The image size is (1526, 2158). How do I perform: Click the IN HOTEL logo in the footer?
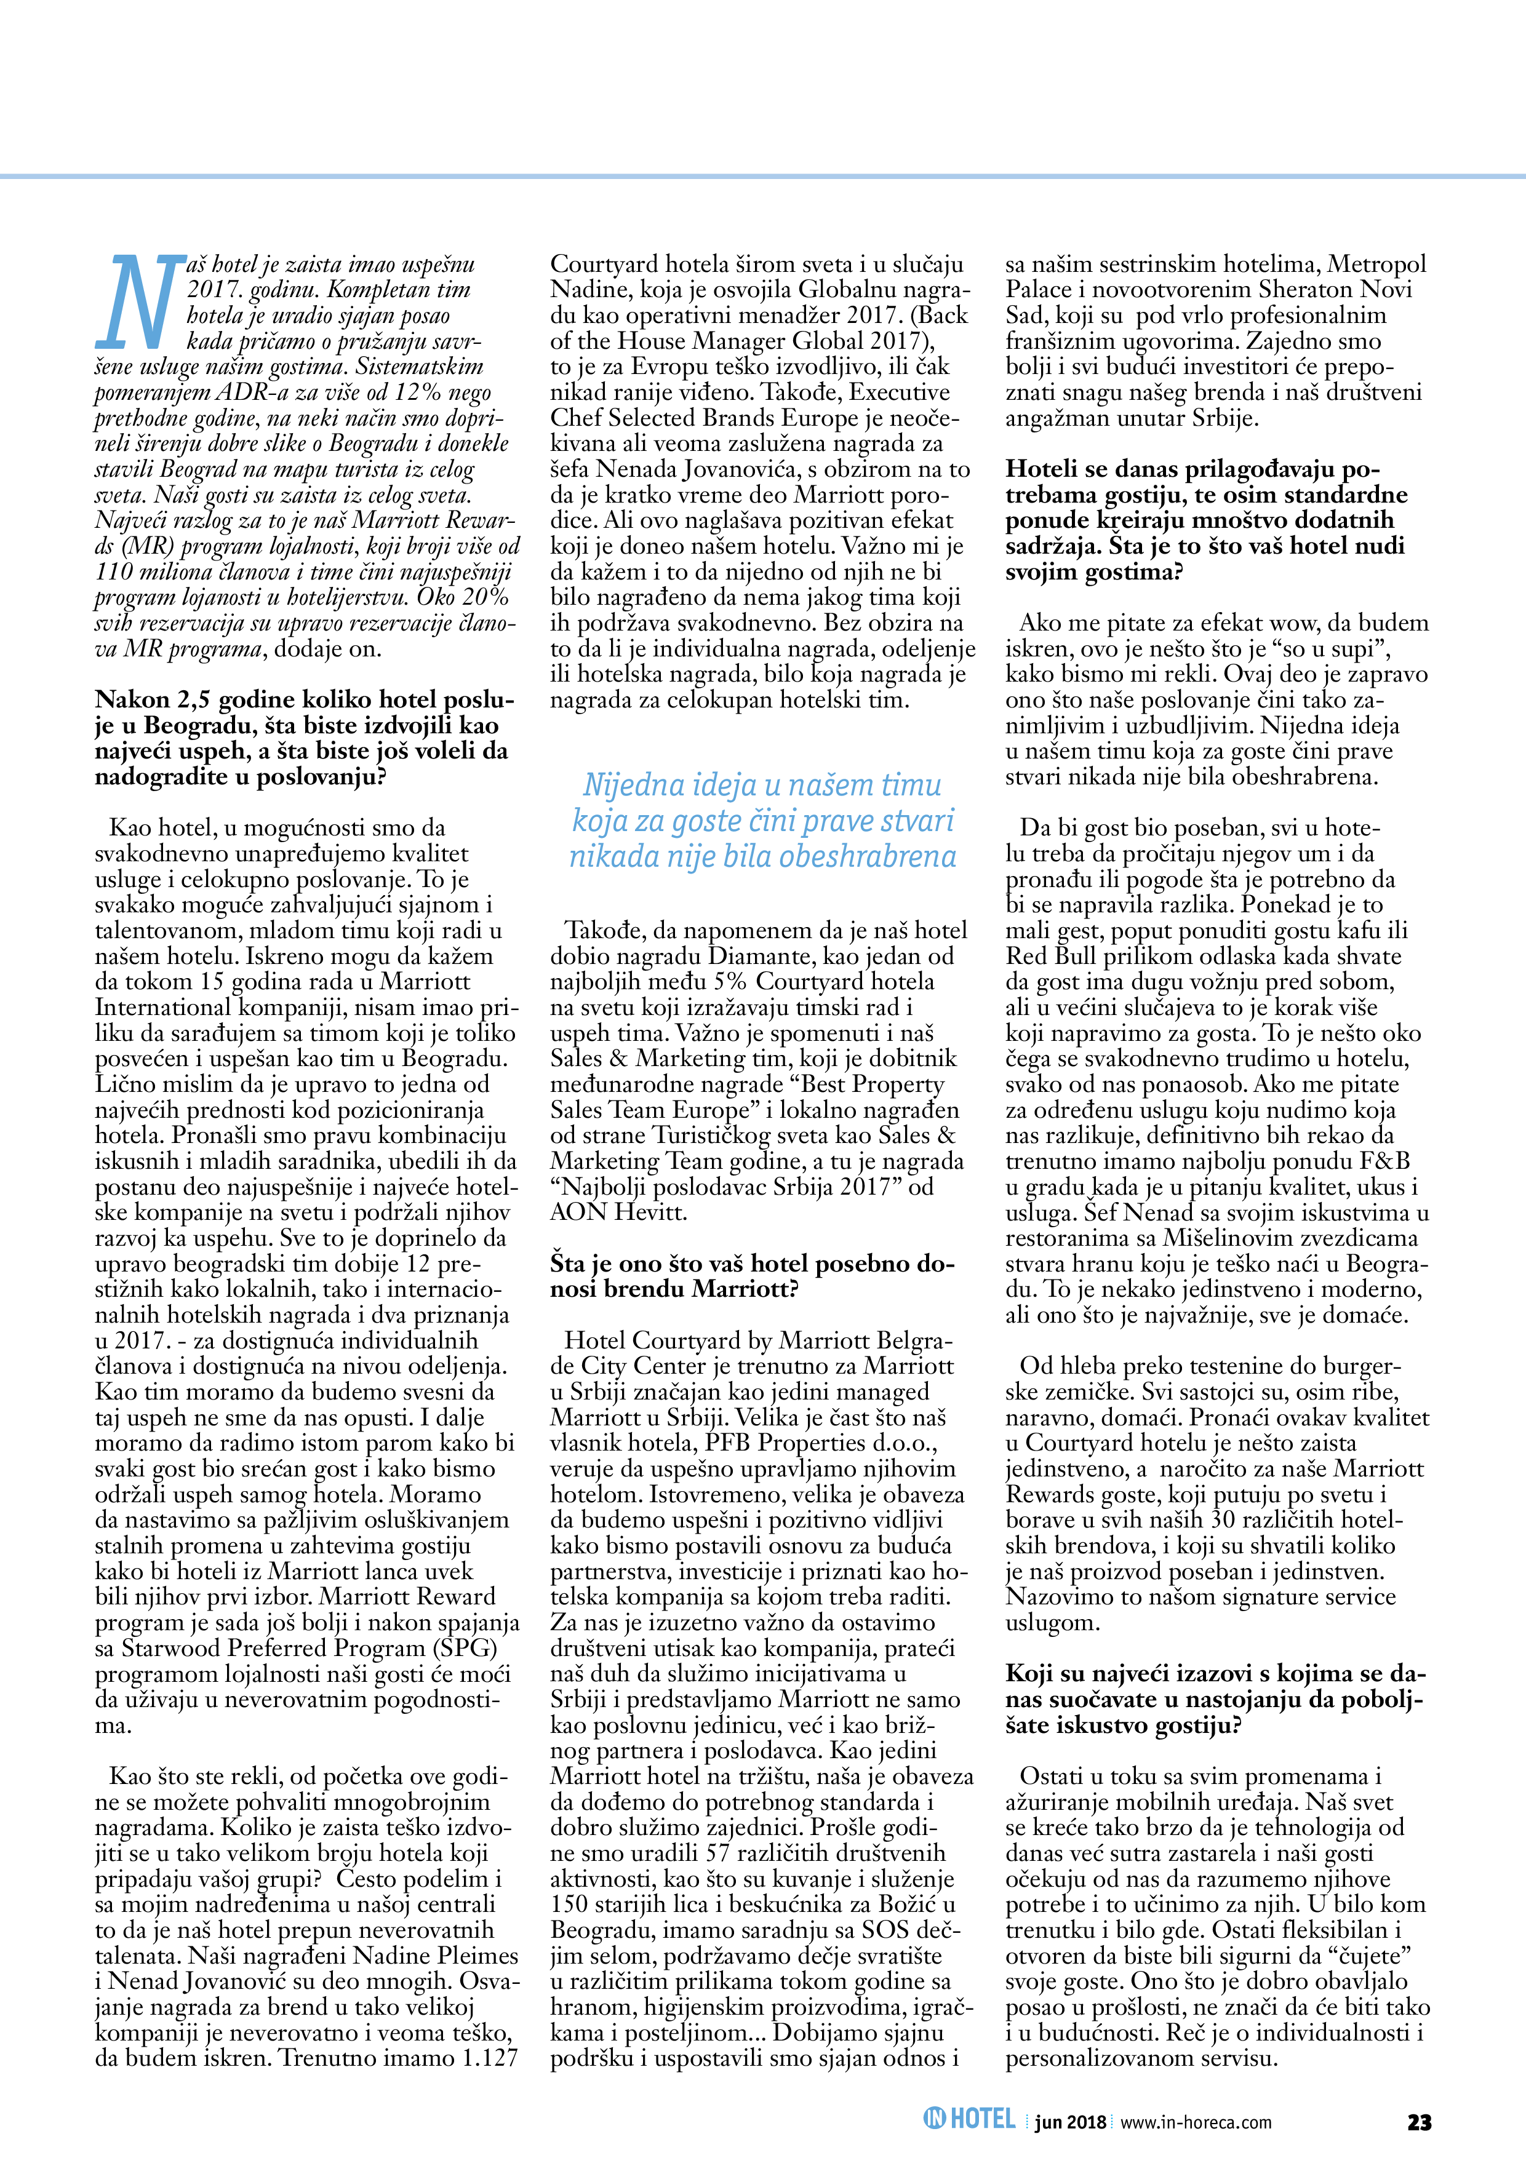tap(969, 2119)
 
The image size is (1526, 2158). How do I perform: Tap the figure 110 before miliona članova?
tap(114, 571)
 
